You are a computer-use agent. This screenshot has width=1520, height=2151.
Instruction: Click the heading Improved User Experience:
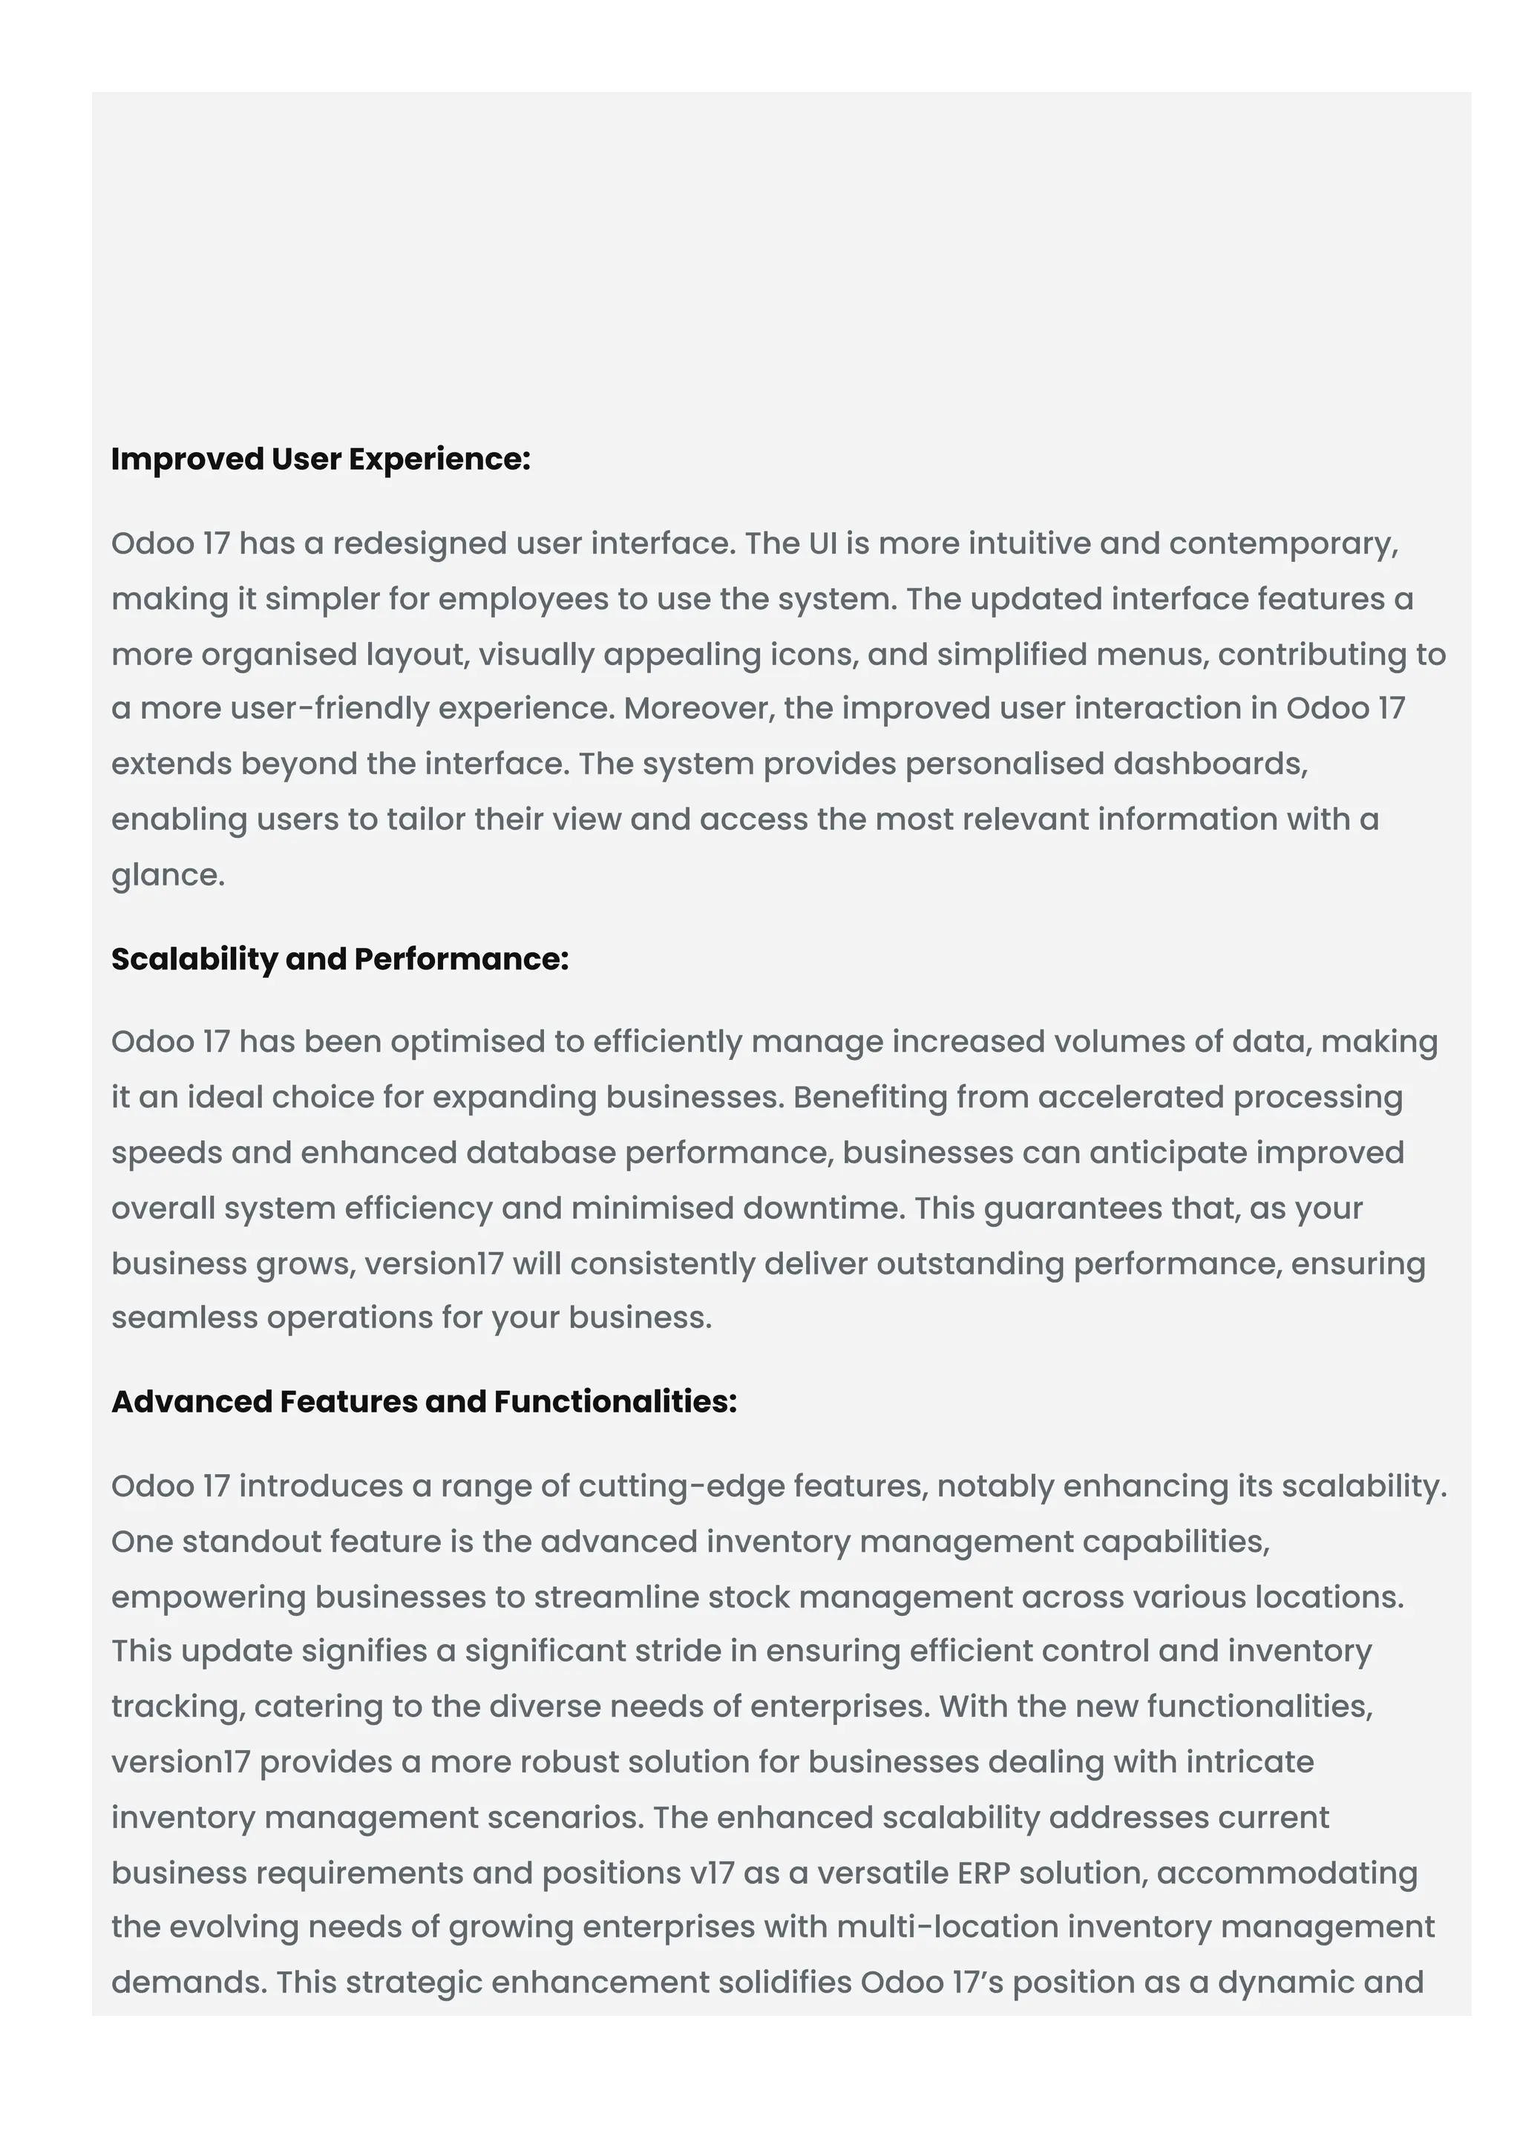point(321,459)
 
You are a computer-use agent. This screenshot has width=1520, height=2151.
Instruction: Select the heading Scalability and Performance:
point(340,958)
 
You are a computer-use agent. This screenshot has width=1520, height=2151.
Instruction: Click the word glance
point(167,875)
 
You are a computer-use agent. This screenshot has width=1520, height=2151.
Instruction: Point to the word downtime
point(822,1208)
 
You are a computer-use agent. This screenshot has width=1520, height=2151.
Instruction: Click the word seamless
point(185,1318)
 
